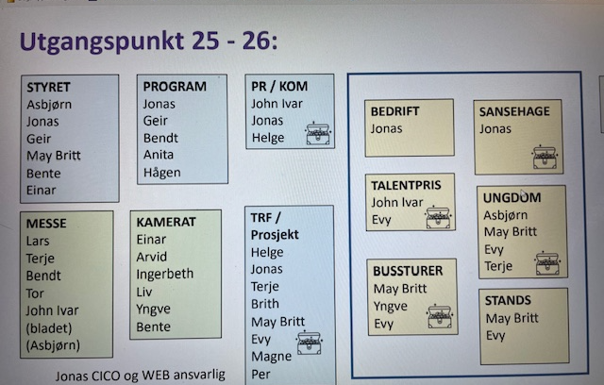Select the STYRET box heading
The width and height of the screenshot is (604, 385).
pyautogui.click(x=50, y=87)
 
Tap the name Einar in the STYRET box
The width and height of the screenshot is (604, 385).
pyautogui.click(x=42, y=190)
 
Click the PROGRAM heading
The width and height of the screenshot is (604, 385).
pyautogui.click(x=175, y=86)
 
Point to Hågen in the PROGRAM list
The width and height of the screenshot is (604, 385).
pyautogui.click(x=162, y=173)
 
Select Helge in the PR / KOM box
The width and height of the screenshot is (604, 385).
pyautogui.click(x=268, y=138)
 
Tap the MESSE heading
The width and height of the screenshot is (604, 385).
pyautogui.click(x=47, y=224)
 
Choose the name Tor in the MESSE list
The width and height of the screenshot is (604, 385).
pyautogui.click(x=37, y=293)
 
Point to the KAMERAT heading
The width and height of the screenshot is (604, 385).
pyautogui.click(x=166, y=222)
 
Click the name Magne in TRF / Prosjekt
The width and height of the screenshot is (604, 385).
pyautogui.click(x=271, y=356)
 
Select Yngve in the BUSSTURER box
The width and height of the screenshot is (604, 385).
pyautogui.click(x=391, y=306)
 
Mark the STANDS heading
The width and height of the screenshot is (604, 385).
pyautogui.click(x=508, y=301)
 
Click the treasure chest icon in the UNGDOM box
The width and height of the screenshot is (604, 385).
pyautogui.click(x=547, y=263)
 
